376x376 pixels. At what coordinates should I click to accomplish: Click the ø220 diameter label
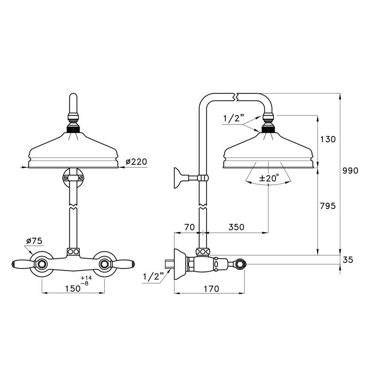(136, 162)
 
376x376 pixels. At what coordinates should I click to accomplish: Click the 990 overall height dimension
(350, 170)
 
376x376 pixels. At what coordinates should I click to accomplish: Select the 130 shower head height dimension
(327, 139)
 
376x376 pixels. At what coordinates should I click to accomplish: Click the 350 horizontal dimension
(236, 227)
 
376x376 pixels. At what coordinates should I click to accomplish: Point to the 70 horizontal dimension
(190, 227)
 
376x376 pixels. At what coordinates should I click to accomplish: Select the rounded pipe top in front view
(73, 99)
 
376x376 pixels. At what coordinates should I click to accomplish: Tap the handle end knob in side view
(240, 264)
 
